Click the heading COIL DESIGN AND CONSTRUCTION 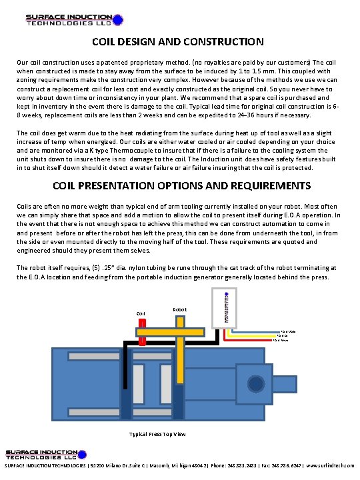(x=177, y=42)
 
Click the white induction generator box (x=221, y=307)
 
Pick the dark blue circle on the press (x=256, y=384)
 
